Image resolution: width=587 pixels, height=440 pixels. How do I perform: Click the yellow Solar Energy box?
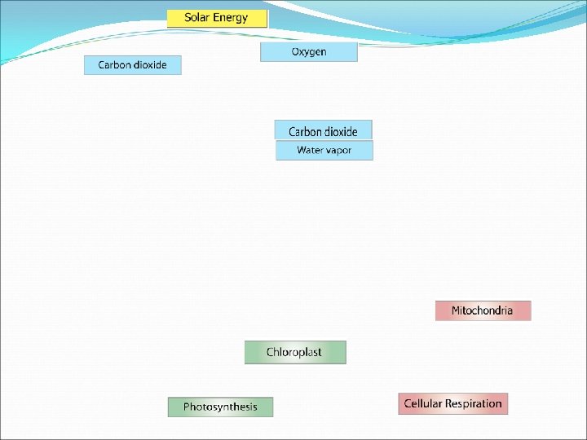click(x=217, y=18)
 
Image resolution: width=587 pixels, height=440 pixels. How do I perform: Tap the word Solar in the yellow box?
click(x=196, y=18)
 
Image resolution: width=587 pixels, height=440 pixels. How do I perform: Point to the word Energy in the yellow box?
click(x=230, y=18)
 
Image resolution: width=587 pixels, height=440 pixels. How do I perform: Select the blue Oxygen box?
click(x=309, y=52)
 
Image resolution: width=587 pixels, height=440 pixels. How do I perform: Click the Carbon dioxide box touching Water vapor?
click(x=323, y=130)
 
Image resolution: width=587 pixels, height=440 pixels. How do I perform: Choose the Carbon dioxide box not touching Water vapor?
click(x=132, y=65)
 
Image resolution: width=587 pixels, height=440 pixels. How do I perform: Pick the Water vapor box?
click(x=324, y=151)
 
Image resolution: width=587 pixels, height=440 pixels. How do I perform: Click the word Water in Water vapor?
click(x=311, y=151)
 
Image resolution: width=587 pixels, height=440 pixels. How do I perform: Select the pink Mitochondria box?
click(x=483, y=310)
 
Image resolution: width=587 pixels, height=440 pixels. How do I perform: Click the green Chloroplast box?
click(x=294, y=352)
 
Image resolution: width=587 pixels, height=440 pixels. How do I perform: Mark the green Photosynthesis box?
click(x=220, y=407)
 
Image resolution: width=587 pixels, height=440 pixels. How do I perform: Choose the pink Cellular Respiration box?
click(x=452, y=403)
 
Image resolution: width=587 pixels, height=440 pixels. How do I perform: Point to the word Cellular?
click(x=422, y=403)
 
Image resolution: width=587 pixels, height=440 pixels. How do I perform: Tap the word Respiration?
click(x=473, y=403)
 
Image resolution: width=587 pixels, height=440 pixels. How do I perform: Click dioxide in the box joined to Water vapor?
click(x=342, y=131)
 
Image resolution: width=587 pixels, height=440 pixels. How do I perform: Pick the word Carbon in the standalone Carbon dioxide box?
click(x=113, y=65)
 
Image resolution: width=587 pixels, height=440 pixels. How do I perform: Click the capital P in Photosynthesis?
click(x=187, y=407)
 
